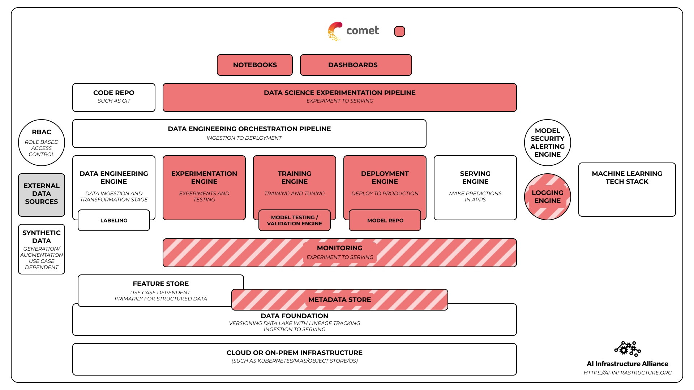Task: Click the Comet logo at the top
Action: point(353,31)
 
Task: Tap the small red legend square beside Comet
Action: point(399,31)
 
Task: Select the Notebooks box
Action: point(255,65)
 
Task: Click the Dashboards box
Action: point(356,65)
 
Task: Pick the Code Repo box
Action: point(114,97)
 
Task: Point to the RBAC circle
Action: point(42,143)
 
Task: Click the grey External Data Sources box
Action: point(42,195)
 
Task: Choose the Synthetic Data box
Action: point(42,249)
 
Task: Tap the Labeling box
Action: point(114,220)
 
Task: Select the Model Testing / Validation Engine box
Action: point(295,220)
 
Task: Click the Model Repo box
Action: point(385,220)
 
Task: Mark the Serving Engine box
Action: point(475,187)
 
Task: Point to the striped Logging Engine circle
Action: point(547,197)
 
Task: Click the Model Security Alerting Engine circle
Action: point(547,143)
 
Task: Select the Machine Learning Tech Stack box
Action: point(627,189)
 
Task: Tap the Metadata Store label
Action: point(340,300)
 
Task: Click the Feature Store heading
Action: point(161,284)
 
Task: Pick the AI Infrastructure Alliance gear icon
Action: point(627,349)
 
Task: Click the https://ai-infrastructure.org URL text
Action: point(627,373)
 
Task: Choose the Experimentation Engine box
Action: point(204,187)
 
